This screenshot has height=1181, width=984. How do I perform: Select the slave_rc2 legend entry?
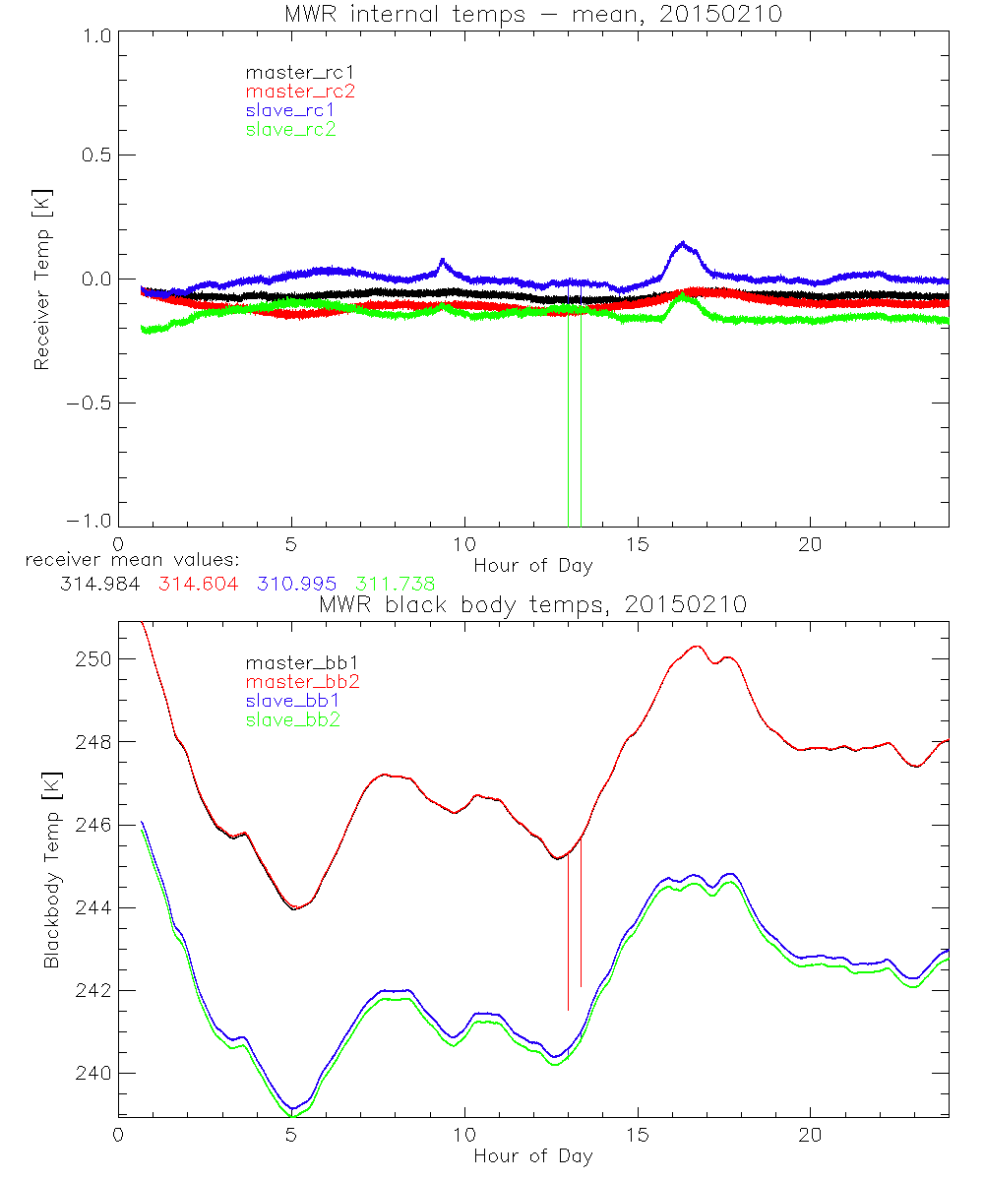coord(290,129)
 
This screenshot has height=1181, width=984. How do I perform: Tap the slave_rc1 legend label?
coord(290,110)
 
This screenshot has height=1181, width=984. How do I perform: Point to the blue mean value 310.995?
coord(294,584)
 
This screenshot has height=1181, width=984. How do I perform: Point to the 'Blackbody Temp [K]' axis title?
coord(51,871)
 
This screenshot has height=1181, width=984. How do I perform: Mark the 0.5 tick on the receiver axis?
coord(93,155)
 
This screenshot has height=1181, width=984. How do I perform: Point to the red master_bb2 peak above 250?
coord(697,647)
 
